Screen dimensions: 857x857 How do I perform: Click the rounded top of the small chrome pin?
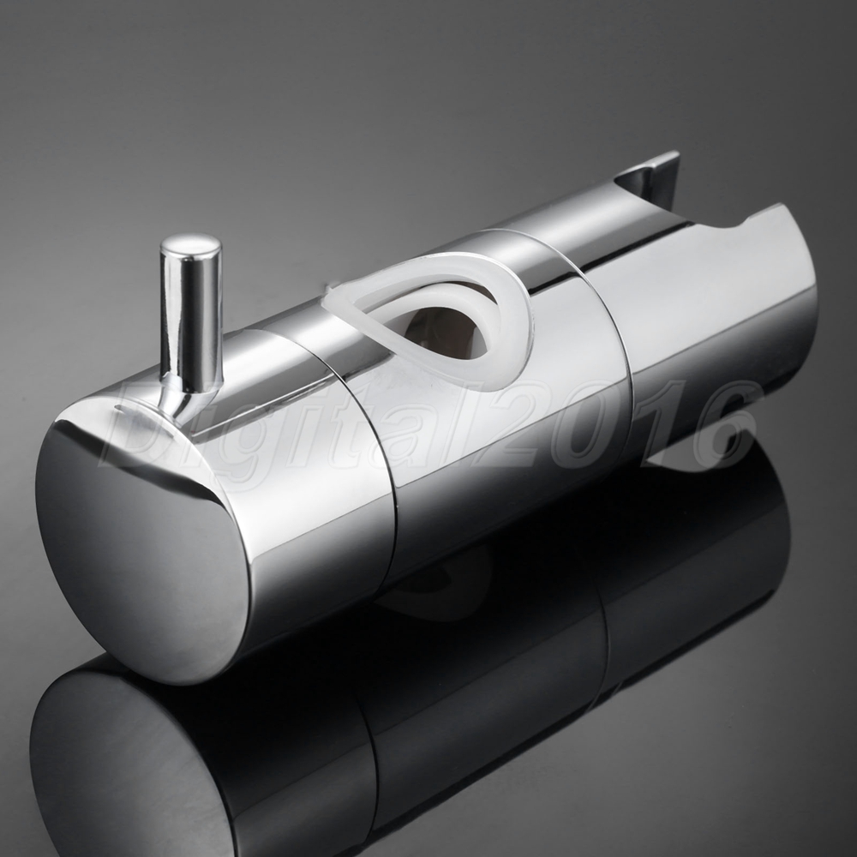191,245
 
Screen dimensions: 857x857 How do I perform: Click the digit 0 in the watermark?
588,423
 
